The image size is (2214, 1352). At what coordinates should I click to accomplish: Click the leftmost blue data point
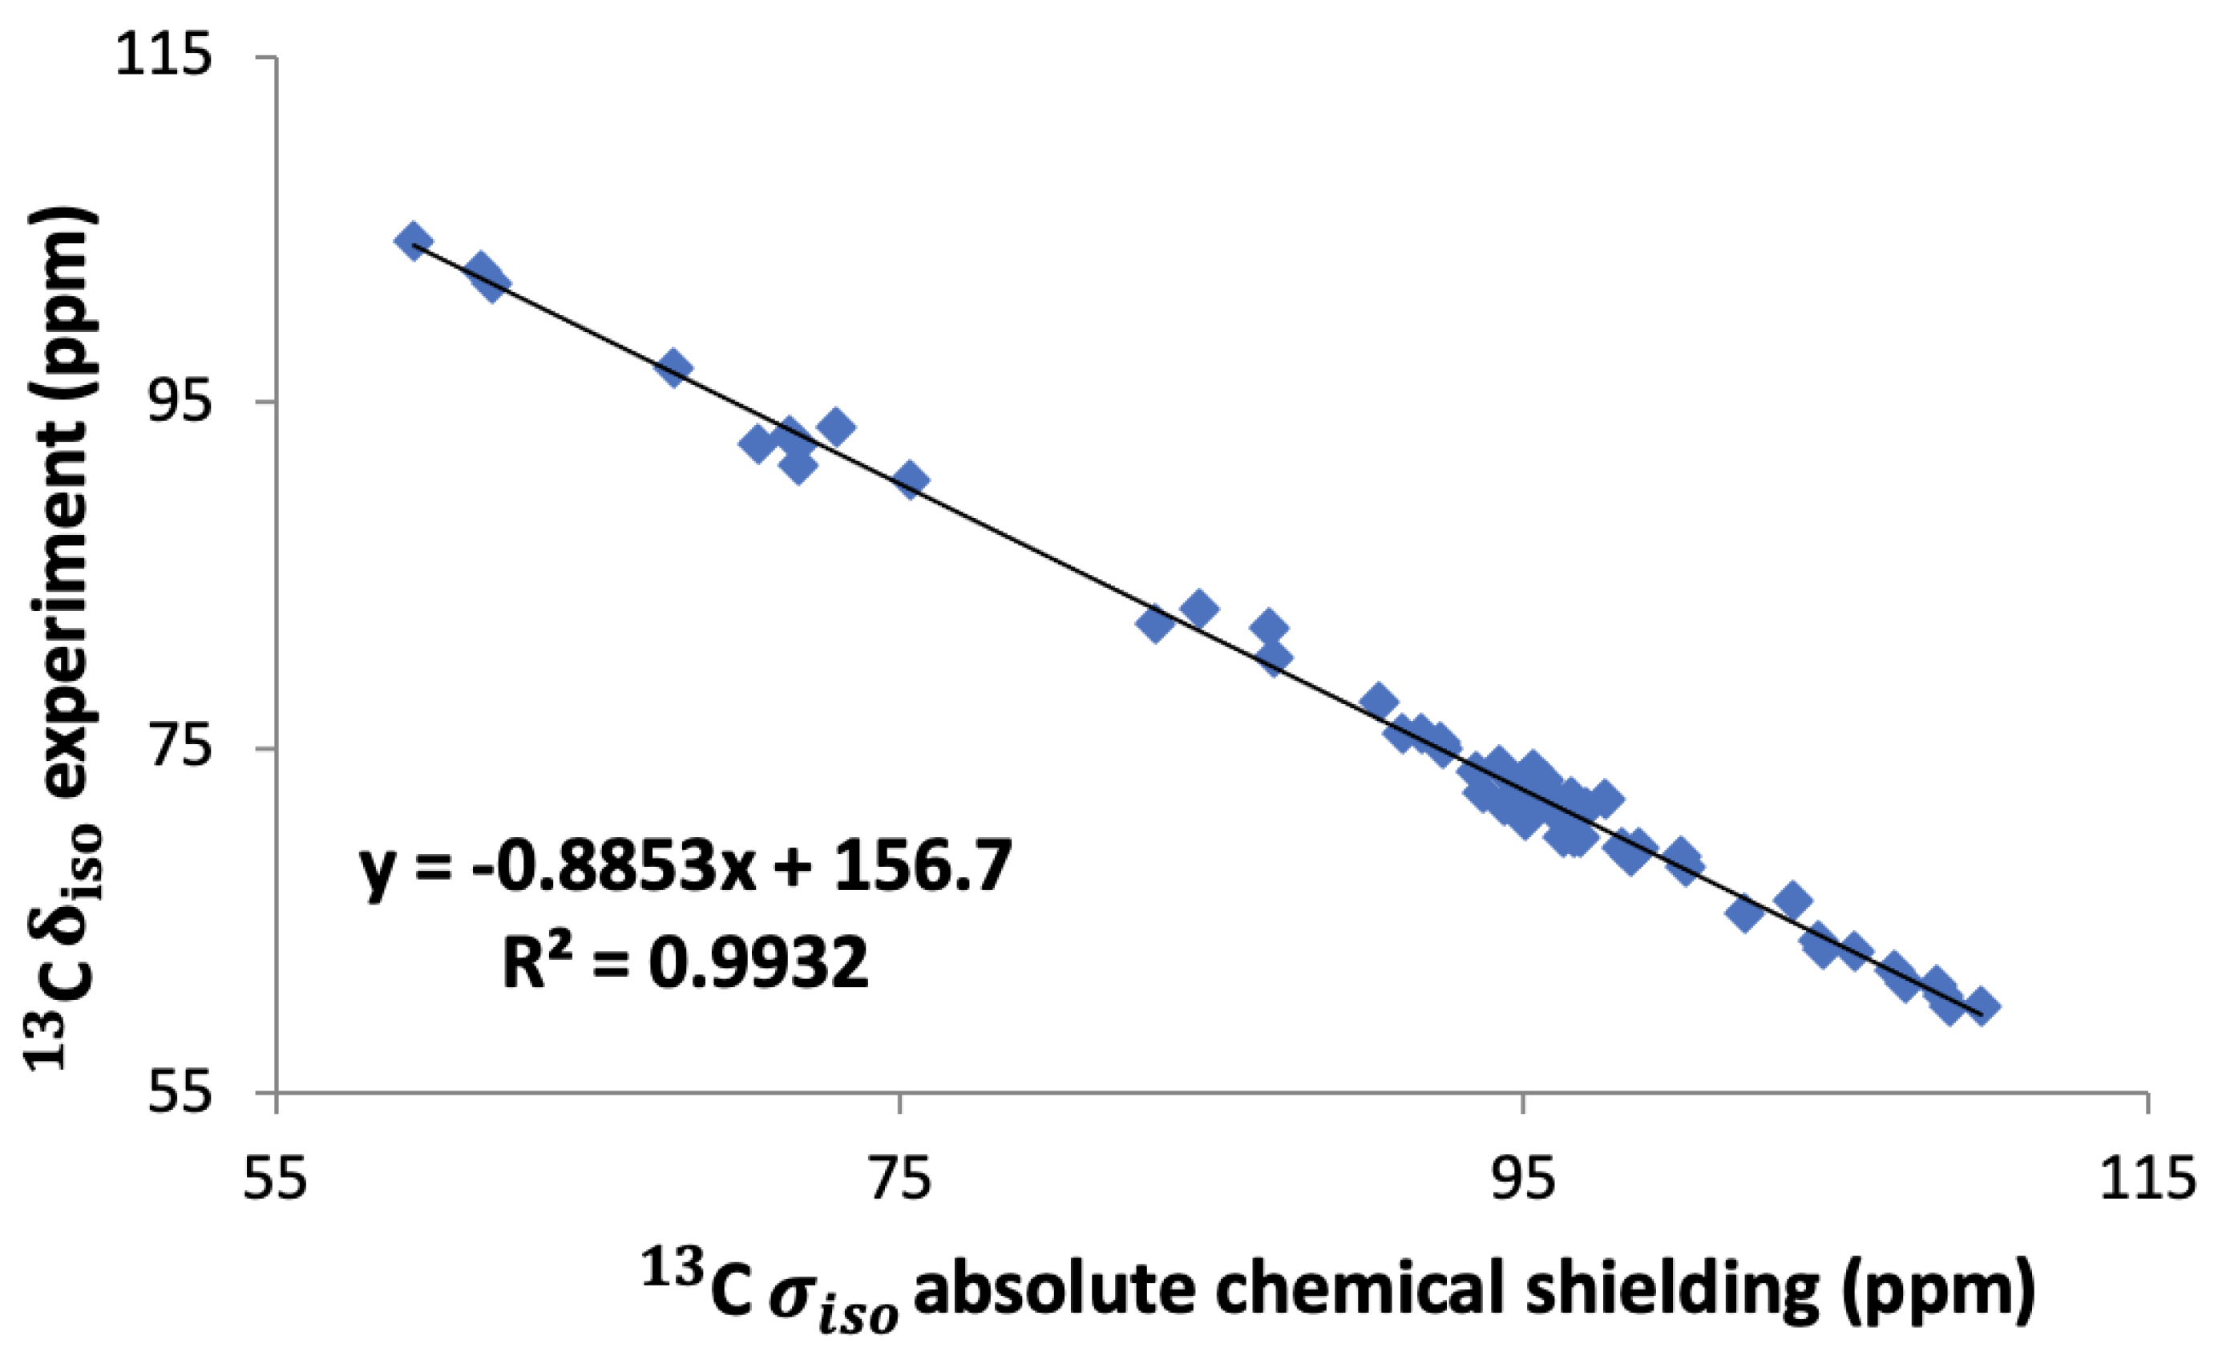click(x=414, y=241)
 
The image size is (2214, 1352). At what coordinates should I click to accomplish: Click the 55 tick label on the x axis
click(x=276, y=1180)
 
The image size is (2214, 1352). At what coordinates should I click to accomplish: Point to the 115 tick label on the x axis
click(x=2146, y=1180)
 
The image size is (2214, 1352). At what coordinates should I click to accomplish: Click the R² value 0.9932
click(x=759, y=963)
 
